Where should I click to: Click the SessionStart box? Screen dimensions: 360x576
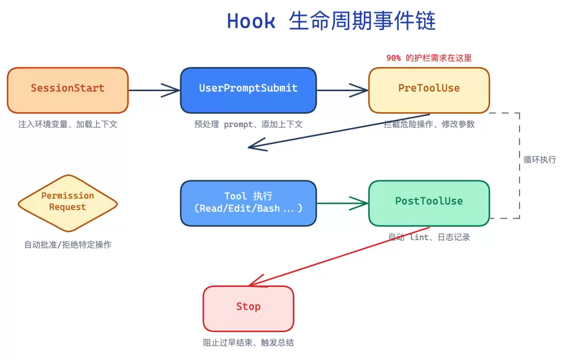pyautogui.click(x=68, y=90)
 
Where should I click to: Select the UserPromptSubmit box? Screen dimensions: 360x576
pyautogui.click(x=248, y=90)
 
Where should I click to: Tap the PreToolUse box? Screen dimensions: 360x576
pyautogui.click(x=429, y=90)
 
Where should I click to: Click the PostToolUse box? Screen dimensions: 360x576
pyautogui.click(x=429, y=203)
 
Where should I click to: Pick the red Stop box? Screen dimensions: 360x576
pyautogui.click(x=248, y=308)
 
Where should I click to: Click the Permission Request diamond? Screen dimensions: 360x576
pyautogui.click(x=68, y=203)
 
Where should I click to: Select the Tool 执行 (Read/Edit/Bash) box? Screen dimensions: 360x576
pyautogui.click(x=248, y=203)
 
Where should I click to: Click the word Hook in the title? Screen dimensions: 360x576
pyautogui.click(x=251, y=22)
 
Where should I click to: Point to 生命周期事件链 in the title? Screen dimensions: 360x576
pyautogui.click(x=362, y=22)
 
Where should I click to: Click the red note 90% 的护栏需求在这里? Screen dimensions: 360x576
pyautogui.click(x=429, y=58)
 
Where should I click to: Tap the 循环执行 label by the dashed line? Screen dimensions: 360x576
pyautogui.click(x=539, y=159)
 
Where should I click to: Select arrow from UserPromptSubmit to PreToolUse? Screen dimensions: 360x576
pyautogui.click(x=342, y=90)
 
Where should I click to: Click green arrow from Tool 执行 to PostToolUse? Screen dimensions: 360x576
pyautogui.click(x=342, y=203)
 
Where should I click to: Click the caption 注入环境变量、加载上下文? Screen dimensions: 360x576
pyautogui.click(x=68, y=124)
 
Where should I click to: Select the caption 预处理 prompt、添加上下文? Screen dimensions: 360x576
pyautogui.click(x=248, y=124)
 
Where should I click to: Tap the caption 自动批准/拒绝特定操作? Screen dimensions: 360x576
pyautogui.click(x=68, y=245)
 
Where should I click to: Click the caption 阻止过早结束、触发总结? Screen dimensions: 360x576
pyautogui.click(x=248, y=342)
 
